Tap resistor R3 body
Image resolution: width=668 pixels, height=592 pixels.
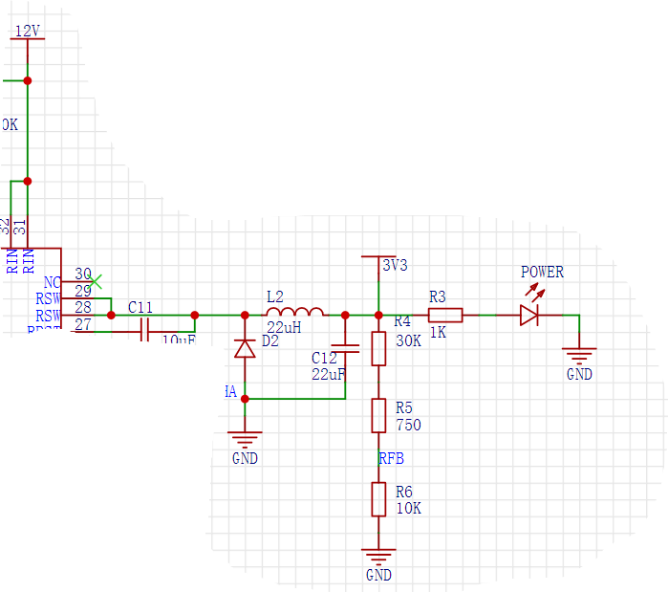click(x=445, y=315)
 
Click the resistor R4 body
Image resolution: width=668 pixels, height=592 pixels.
click(x=378, y=348)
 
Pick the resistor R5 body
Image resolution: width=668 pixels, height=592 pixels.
click(x=378, y=416)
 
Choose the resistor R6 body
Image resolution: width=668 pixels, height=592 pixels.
click(x=378, y=499)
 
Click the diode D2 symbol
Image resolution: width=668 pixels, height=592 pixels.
click(x=245, y=348)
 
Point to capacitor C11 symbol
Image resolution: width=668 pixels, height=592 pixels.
click(x=145, y=331)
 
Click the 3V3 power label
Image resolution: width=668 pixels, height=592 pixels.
click(x=395, y=266)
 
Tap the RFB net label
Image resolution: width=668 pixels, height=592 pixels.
click(x=391, y=459)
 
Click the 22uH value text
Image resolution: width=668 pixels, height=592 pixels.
click(x=284, y=328)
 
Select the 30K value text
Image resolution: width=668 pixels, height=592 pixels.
click(x=408, y=340)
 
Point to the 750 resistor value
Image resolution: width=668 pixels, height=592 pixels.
click(x=407, y=426)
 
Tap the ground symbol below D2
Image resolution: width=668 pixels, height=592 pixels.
click(x=246, y=440)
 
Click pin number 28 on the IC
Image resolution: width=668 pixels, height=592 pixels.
click(x=83, y=307)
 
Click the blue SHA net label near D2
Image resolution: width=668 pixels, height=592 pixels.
click(x=224, y=392)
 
